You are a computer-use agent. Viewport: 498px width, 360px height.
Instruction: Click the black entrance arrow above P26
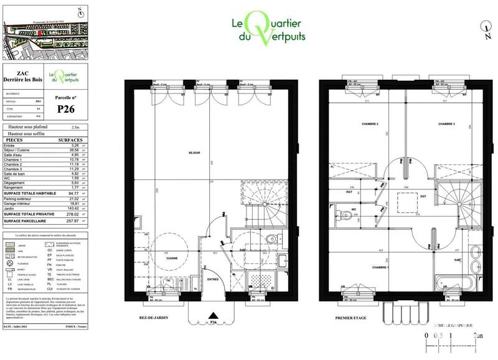(213, 316)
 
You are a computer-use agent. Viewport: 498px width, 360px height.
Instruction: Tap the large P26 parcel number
(67, 110)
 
